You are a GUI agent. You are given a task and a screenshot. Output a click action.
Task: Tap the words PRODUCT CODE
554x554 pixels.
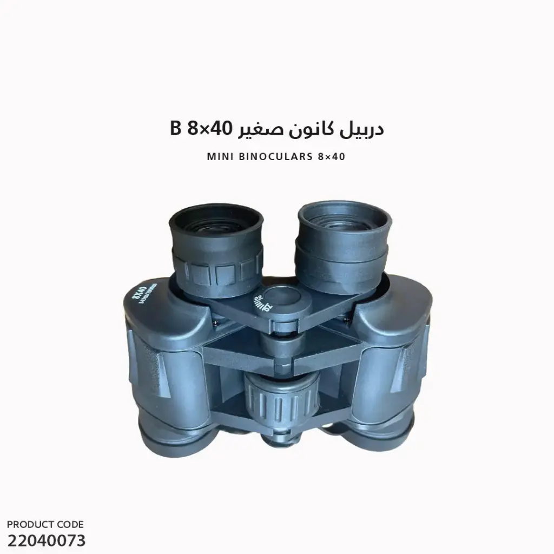[x=45, y=524]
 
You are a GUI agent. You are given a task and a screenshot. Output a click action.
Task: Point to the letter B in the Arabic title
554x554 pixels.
[x=174, y=130]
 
